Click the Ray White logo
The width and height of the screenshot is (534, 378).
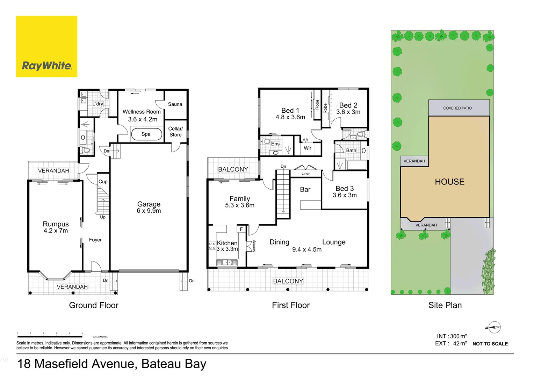click(46, 47)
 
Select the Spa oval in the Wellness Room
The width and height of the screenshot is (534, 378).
click(146, 134)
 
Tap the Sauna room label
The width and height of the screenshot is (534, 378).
click(175, 104)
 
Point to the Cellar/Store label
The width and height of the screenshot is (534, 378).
click(175, 132)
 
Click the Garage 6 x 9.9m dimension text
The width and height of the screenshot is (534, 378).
click(149, 211)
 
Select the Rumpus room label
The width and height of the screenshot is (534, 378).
click(56, 224)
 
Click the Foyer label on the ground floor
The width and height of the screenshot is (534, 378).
click(95, 240)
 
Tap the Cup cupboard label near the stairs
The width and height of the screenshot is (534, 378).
click(103, 182)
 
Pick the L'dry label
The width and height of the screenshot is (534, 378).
click(98, 104)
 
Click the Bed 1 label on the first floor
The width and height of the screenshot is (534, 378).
click(290, 111)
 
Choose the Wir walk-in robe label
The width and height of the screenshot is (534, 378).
click(307, 148)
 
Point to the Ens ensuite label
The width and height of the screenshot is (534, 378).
click(275, 144)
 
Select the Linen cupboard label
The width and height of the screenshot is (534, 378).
click(306, 174)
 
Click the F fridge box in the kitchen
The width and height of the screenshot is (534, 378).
click(241, 229)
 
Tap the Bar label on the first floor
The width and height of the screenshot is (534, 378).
click(305, 190)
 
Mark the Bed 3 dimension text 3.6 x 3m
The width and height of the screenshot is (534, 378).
click(345, 195)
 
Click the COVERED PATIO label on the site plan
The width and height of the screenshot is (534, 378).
click(457, 108)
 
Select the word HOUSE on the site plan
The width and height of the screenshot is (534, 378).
click(449, 182)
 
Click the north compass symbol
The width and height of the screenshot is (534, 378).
click(494, 328)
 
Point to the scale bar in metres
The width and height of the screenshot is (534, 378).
click(50, 336)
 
